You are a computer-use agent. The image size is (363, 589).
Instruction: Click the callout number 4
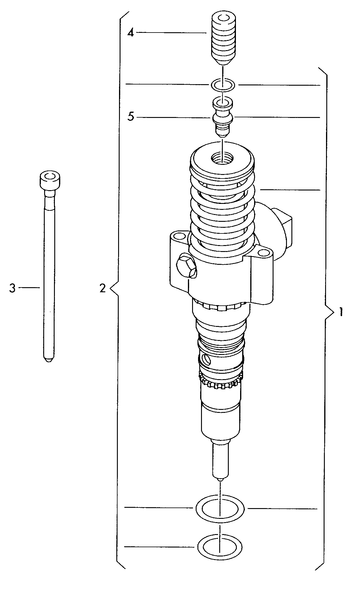click(131, 33)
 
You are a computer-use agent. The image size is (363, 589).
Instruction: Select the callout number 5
click(131, 117)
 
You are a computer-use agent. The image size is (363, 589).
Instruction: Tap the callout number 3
click(12, 288)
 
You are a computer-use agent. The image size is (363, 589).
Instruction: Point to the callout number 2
click(103, 288)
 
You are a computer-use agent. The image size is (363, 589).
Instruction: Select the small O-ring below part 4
click(223, 85)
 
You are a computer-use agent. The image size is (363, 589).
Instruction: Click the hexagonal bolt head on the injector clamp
click(186, 265)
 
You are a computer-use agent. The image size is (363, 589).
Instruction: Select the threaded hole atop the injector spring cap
click(222, 158)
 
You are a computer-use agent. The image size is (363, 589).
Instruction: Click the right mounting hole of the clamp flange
click(263, 253)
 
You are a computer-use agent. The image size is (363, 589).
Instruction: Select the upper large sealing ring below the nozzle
click(220, 508)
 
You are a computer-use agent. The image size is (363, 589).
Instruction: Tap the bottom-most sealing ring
click(219, 547)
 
